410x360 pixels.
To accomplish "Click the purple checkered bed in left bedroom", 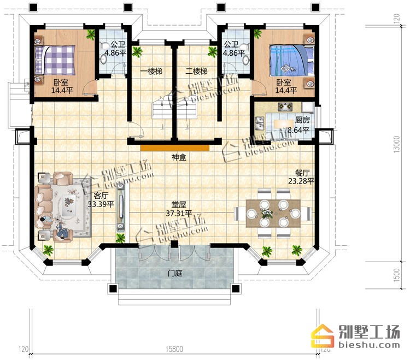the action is click(55, 60).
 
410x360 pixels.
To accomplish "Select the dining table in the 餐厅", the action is click(273, 214).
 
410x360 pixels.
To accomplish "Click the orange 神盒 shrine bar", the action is click(175, 148).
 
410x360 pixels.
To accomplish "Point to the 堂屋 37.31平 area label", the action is click(179, 209).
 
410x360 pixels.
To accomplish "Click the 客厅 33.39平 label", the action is click(101, 200).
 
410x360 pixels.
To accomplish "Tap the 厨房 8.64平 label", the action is click(298, 125).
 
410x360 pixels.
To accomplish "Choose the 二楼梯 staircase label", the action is click(196, 71).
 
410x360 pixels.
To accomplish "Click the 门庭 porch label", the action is click(175, 274).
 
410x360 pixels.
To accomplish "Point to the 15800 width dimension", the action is click(174, 349).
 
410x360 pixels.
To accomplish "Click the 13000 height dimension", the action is click(397, 144).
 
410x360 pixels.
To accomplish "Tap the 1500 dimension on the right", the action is click(397, 275).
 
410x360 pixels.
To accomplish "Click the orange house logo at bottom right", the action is click(323, 336).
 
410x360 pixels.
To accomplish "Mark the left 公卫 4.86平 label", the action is click(115, 49).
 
